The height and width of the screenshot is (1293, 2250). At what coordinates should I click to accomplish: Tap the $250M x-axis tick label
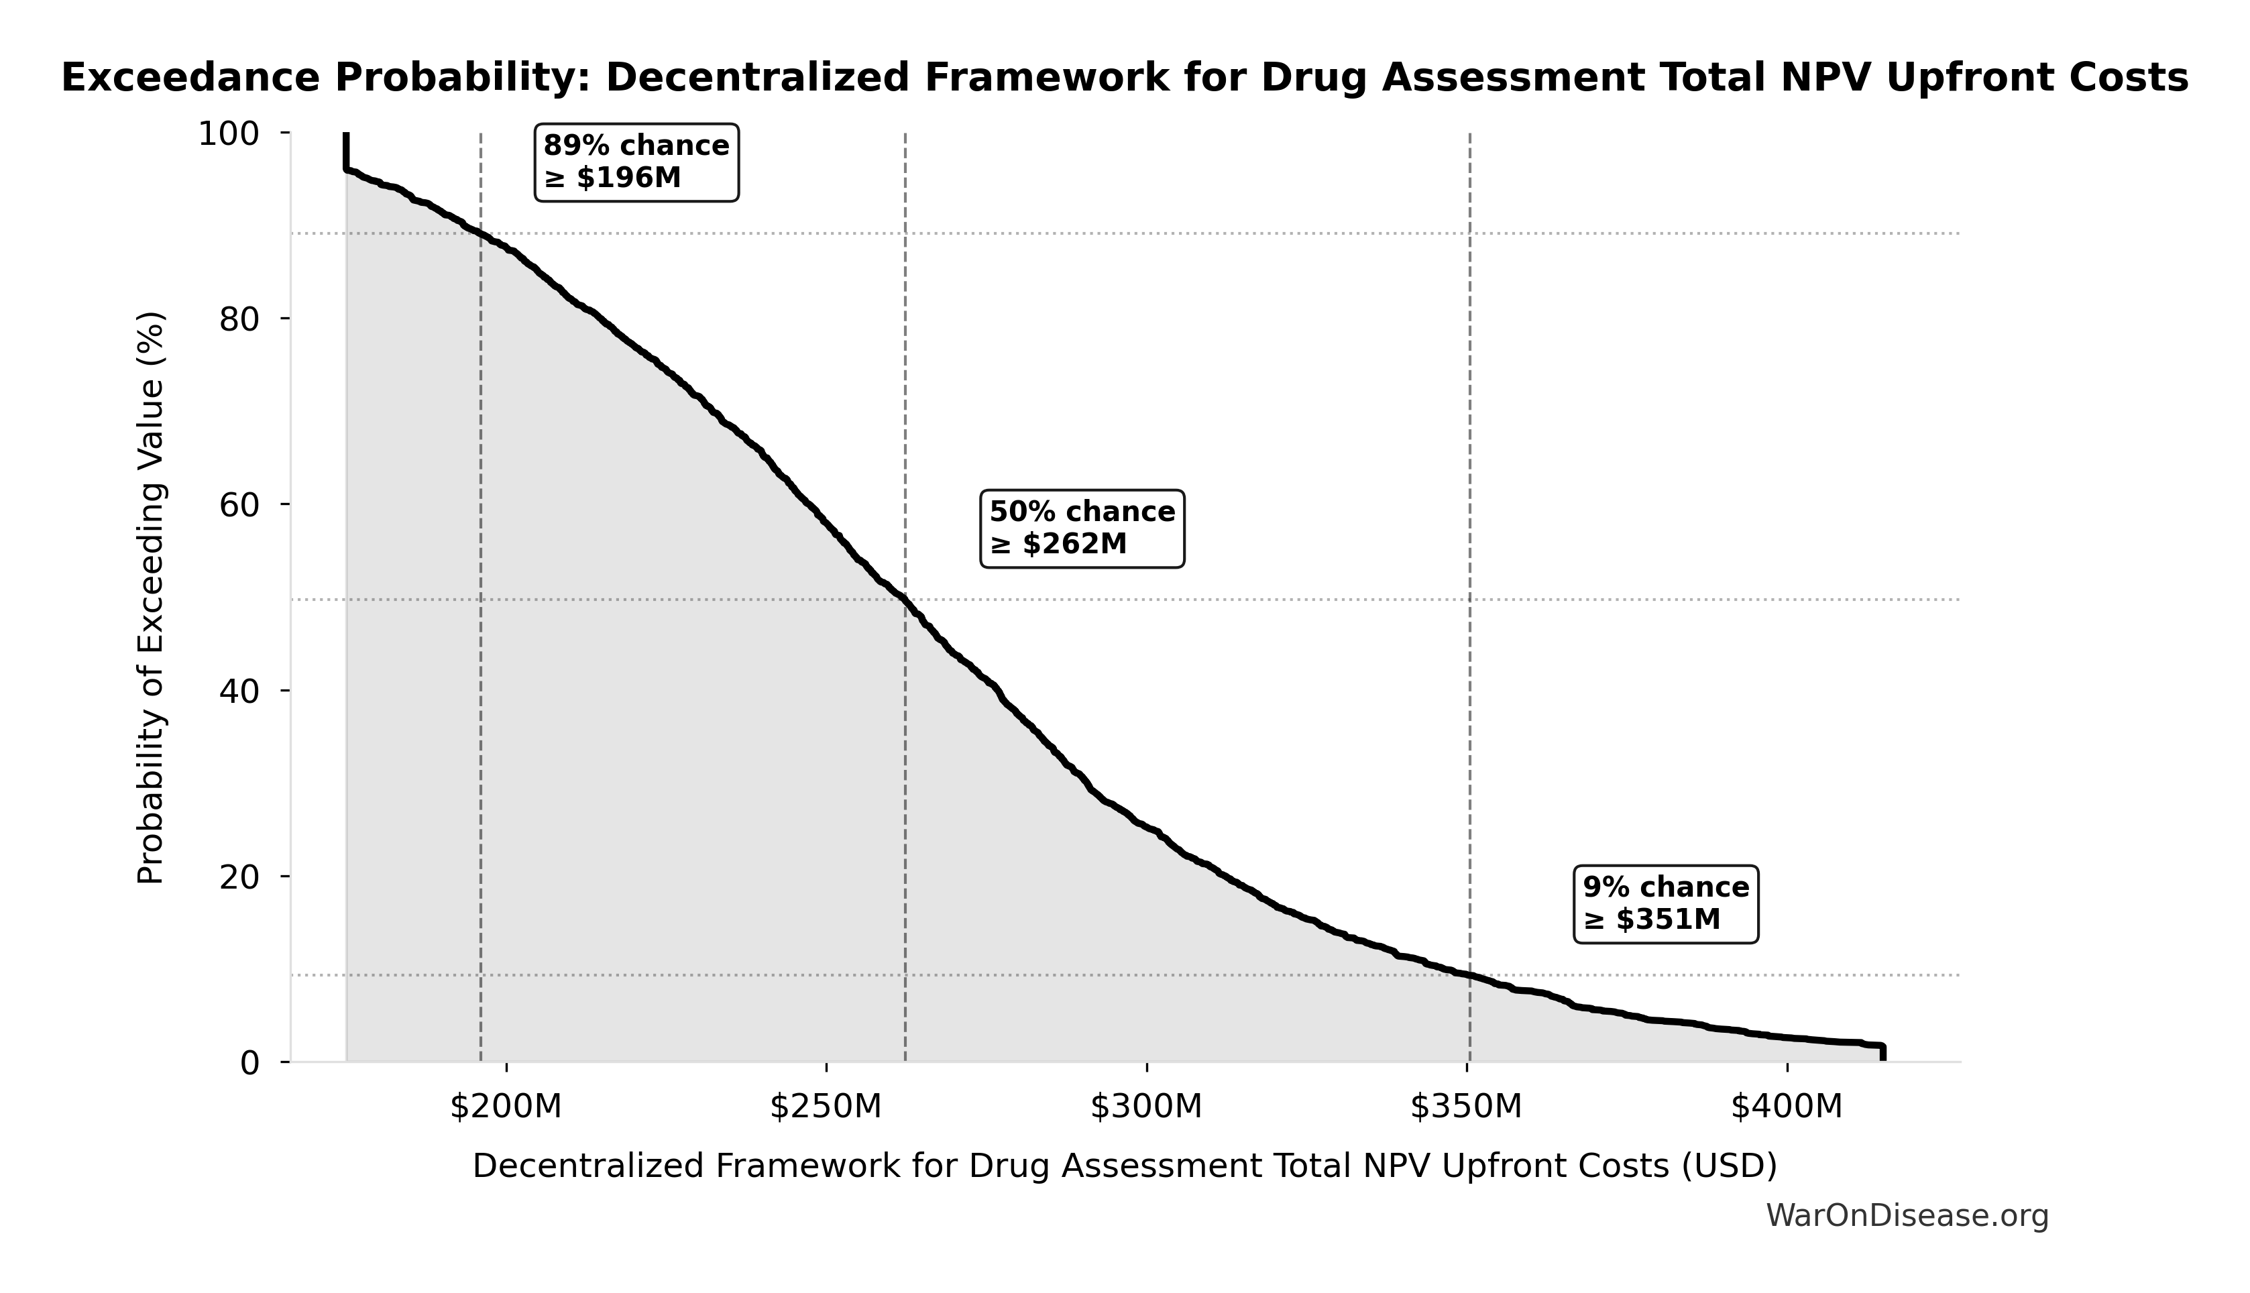click(x=826, y=1107)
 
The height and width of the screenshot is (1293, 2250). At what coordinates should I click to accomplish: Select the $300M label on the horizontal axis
click(x=1146, y=1107)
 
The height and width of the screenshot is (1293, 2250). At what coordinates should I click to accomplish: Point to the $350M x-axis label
click(x=1466, y=1107)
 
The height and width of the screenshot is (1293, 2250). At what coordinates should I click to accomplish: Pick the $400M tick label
click(x=1787, y=1107)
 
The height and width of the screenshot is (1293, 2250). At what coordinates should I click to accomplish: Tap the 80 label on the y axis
click(x=239, y=320)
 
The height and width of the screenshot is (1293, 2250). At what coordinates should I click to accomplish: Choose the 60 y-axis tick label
click(x=239, y=505)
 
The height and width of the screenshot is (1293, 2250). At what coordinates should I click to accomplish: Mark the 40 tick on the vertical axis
click(x=239, y=691)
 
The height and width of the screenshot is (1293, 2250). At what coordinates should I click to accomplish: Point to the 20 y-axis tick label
click(x=239, y=877)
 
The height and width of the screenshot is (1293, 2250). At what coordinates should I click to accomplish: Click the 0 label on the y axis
click(x=249, y=1063)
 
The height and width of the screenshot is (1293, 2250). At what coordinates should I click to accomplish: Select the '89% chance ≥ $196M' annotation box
click(x=636, y=162)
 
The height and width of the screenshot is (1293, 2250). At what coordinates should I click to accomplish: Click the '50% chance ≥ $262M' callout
click(x=1082, y=528)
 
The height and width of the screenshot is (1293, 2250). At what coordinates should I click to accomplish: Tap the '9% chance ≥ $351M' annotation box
click(x=1666, y=904)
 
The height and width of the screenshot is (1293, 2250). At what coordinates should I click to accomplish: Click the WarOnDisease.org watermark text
click(x=1907, y=1216)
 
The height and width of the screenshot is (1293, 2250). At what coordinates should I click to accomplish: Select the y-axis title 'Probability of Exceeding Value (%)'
click(x=151, y=598)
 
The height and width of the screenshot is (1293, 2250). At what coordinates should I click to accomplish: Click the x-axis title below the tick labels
click(x=1124, y=1166)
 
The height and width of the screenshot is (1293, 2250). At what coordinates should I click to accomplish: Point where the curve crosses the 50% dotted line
click(x=905, y=600)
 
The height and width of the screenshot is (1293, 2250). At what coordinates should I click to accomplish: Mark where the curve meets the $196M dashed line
click(x=480, y=235)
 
